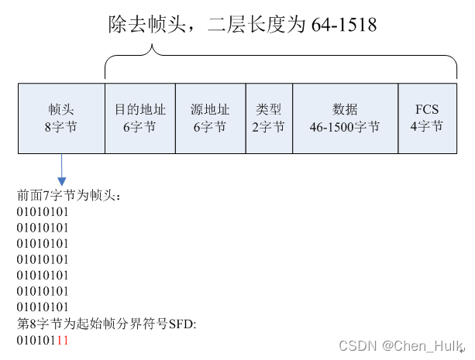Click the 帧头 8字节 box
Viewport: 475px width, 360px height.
[61, 118]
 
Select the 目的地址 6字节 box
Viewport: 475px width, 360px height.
[139, 118]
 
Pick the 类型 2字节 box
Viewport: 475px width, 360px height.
[269, 118]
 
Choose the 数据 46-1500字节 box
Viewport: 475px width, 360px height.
[345, 118]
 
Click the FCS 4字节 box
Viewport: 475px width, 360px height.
[426, 118]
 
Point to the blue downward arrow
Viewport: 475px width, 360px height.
[61, 169]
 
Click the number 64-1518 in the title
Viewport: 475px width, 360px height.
[344, 25]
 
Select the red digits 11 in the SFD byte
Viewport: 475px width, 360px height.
[63, 340]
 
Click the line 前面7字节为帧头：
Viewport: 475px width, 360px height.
[69, 195]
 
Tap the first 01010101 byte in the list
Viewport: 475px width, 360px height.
[43, 211]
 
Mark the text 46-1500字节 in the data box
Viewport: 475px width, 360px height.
[345, 126]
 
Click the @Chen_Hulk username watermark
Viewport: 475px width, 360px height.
[424, 345]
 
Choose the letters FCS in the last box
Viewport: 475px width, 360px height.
[426, 109]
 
